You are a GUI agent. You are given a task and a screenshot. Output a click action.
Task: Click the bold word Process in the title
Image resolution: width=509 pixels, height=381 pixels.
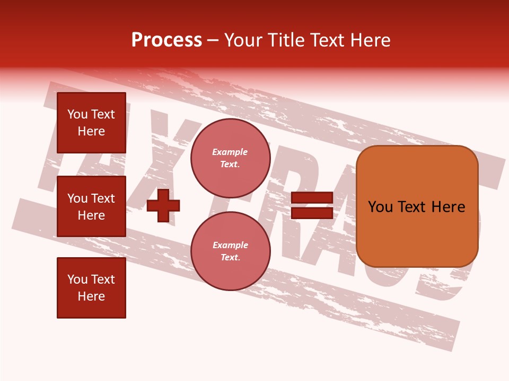point(166,40)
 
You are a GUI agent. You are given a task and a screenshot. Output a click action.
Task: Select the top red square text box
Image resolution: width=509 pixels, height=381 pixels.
point(91,123)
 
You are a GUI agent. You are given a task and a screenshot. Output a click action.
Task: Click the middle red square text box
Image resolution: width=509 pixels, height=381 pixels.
point(91,206)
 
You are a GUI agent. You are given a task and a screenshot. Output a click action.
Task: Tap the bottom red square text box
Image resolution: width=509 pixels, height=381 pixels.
point(91,288)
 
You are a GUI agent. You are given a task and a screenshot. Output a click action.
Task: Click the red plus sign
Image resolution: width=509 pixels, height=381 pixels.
point(163,205)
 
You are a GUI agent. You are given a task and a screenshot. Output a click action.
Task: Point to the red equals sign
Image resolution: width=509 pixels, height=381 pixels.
point(312,205)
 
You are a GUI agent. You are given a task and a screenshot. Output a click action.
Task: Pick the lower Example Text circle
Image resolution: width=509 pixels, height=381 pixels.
point(230,251)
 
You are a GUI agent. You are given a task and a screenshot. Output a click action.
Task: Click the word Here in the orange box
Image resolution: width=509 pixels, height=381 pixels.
point(448,207)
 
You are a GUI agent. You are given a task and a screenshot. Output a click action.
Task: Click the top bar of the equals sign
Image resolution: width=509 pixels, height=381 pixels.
point(312,198)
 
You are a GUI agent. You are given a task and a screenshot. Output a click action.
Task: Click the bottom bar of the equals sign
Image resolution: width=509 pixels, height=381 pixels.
point(312,213)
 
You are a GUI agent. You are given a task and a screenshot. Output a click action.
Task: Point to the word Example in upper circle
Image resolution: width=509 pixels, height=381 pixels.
point(230,152)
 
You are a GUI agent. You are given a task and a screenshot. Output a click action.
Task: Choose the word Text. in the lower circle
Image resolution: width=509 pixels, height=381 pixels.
point(230,258)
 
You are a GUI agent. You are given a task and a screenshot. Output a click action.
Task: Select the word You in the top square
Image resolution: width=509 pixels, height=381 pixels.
point(77,114)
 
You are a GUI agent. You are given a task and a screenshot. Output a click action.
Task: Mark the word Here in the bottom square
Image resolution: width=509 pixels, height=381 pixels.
point(91,296)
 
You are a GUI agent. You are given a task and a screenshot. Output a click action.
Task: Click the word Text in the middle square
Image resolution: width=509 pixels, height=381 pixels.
point(103,198)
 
